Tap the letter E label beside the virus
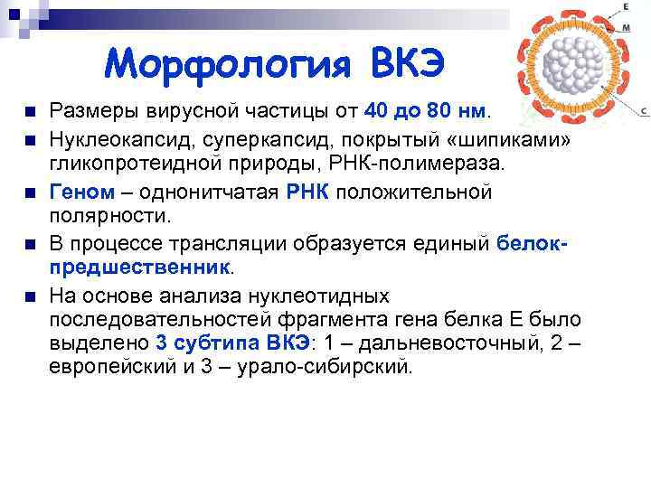click(x=626, y=6)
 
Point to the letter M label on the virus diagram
click(x=627, y=28)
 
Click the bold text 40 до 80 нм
click(x=427, y=111)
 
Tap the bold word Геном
click(x=82, y=192)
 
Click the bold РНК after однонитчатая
click(x=309, y=192)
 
